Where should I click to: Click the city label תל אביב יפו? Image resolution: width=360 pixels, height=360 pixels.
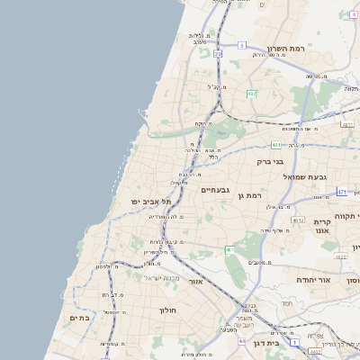(151, 202)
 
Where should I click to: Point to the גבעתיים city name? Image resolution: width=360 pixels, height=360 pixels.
(216, 190)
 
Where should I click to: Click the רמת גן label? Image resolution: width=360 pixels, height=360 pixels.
(249, 195)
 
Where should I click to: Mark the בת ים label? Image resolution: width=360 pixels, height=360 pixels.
(79, 318)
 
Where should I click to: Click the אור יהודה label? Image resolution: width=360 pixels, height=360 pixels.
(314, 281)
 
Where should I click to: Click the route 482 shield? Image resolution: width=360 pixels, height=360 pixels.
(251, 94)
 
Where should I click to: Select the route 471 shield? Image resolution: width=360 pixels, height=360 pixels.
(342, 192)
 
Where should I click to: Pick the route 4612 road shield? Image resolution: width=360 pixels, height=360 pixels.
(298, 220)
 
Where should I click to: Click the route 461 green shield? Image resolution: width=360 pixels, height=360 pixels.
(230, 249)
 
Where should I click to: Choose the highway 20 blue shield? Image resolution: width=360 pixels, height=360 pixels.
(218, 54)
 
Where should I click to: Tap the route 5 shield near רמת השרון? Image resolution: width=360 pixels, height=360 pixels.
(241, 44)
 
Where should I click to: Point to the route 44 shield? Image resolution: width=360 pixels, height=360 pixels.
(243, 341)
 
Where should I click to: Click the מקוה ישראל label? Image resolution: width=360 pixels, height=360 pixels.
(162, 277)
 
